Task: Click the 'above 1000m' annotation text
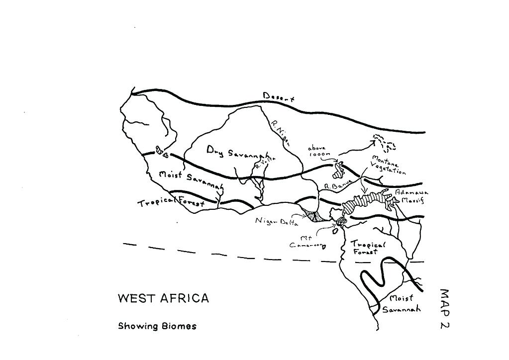click(x=318, y=152)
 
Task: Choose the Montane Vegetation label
click(x=389, y=165)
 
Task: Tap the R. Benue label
click(x=338, y=185)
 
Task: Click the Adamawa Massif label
click(x=411, y=196)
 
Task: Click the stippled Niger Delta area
click(x=312, y=215)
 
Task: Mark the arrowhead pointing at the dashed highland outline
click(x=373, y=142)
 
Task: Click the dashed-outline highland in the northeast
click(x=385, y=143)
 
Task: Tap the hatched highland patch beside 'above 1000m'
click(x=340, y=170)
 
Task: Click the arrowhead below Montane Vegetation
click(x=364, y=192)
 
